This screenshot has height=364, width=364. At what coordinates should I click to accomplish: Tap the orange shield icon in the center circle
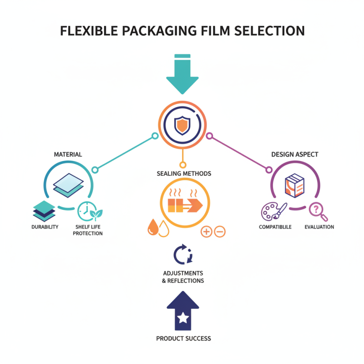182,125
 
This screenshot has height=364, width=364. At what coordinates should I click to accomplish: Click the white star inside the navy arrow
183,318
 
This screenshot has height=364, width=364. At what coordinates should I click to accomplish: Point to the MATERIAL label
68,154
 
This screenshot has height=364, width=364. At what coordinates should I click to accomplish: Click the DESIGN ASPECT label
294,154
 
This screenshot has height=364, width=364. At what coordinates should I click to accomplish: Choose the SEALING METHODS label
184,174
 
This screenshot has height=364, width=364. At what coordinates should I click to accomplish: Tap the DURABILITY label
45,227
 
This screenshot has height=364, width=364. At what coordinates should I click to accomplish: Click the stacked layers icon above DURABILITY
44,211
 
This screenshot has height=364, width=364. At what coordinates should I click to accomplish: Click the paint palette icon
273,211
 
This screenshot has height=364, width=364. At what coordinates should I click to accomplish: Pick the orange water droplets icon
158,227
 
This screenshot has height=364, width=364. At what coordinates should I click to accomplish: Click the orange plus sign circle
206,232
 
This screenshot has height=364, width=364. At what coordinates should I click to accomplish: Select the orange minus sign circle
219,232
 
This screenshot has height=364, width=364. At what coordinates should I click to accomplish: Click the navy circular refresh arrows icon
183,254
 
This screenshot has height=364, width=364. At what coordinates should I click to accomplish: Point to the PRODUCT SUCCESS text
183,339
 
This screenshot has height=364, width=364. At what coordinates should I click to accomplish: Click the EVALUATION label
319,227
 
